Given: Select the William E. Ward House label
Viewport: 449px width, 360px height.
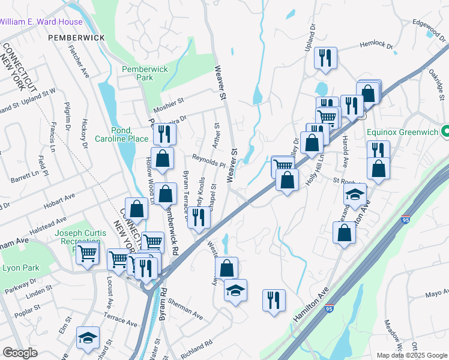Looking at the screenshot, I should tap(41, 22).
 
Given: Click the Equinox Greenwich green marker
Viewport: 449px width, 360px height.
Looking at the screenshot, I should tap(445, 130).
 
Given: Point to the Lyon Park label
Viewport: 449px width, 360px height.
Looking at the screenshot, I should tap(19, 268).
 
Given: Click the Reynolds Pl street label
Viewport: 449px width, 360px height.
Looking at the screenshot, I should tap(208, 158).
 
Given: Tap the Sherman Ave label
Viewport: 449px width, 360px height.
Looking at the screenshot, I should tap(185, 306).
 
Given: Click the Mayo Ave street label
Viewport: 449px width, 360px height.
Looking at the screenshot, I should tap(437, 294).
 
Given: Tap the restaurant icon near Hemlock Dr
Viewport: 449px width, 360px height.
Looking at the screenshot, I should tap(325, 58).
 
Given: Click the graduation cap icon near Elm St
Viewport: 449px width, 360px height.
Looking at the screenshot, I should tap(88, 337).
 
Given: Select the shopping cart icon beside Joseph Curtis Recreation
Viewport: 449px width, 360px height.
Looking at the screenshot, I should tap(88, 254).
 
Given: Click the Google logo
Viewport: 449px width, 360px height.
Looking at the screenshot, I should tap(20, 353).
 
